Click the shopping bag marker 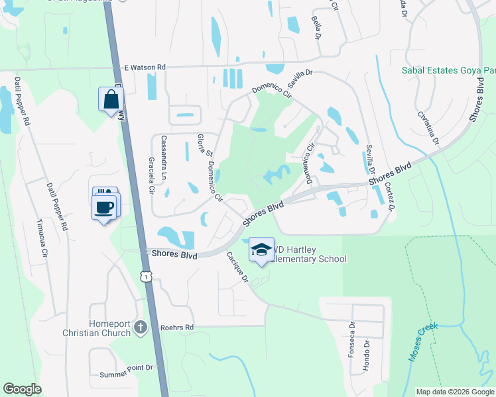pyautogui.click(x=111, y=100)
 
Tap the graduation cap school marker pyautogui.click(x=261, y=250)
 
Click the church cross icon pyautogui.click(x=140, y=327)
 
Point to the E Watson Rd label pyautogui.click(x=145, y=67)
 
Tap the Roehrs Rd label pyautogui.click(x=176, y=327)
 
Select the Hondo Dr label pyautogui.click(x=366, y=357)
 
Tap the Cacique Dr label pyautogui.click(x=237, y=268)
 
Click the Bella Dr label pyautogui.click(x=316, y=28)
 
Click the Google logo pyautogui.click(x=23, y=389)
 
